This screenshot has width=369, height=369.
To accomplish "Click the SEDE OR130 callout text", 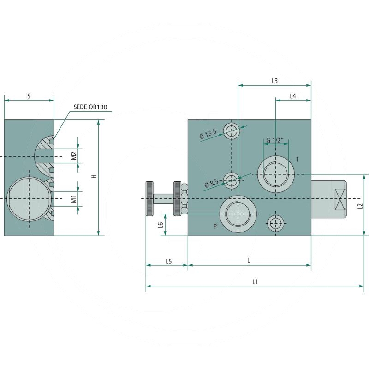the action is coord(90,107).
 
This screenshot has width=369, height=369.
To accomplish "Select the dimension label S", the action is coord(29,96).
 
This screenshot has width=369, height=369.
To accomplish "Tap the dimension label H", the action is coord(94,176).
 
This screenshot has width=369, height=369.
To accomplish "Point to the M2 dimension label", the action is coord(74,155).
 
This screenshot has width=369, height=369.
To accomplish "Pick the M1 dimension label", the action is coord(74,199).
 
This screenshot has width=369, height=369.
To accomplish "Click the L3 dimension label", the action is coord(274,81).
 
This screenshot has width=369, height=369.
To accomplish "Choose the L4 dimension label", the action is coord(293,96).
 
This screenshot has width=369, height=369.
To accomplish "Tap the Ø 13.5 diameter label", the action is coord(208,134).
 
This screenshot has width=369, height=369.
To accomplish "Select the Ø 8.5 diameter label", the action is coord(211,183).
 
